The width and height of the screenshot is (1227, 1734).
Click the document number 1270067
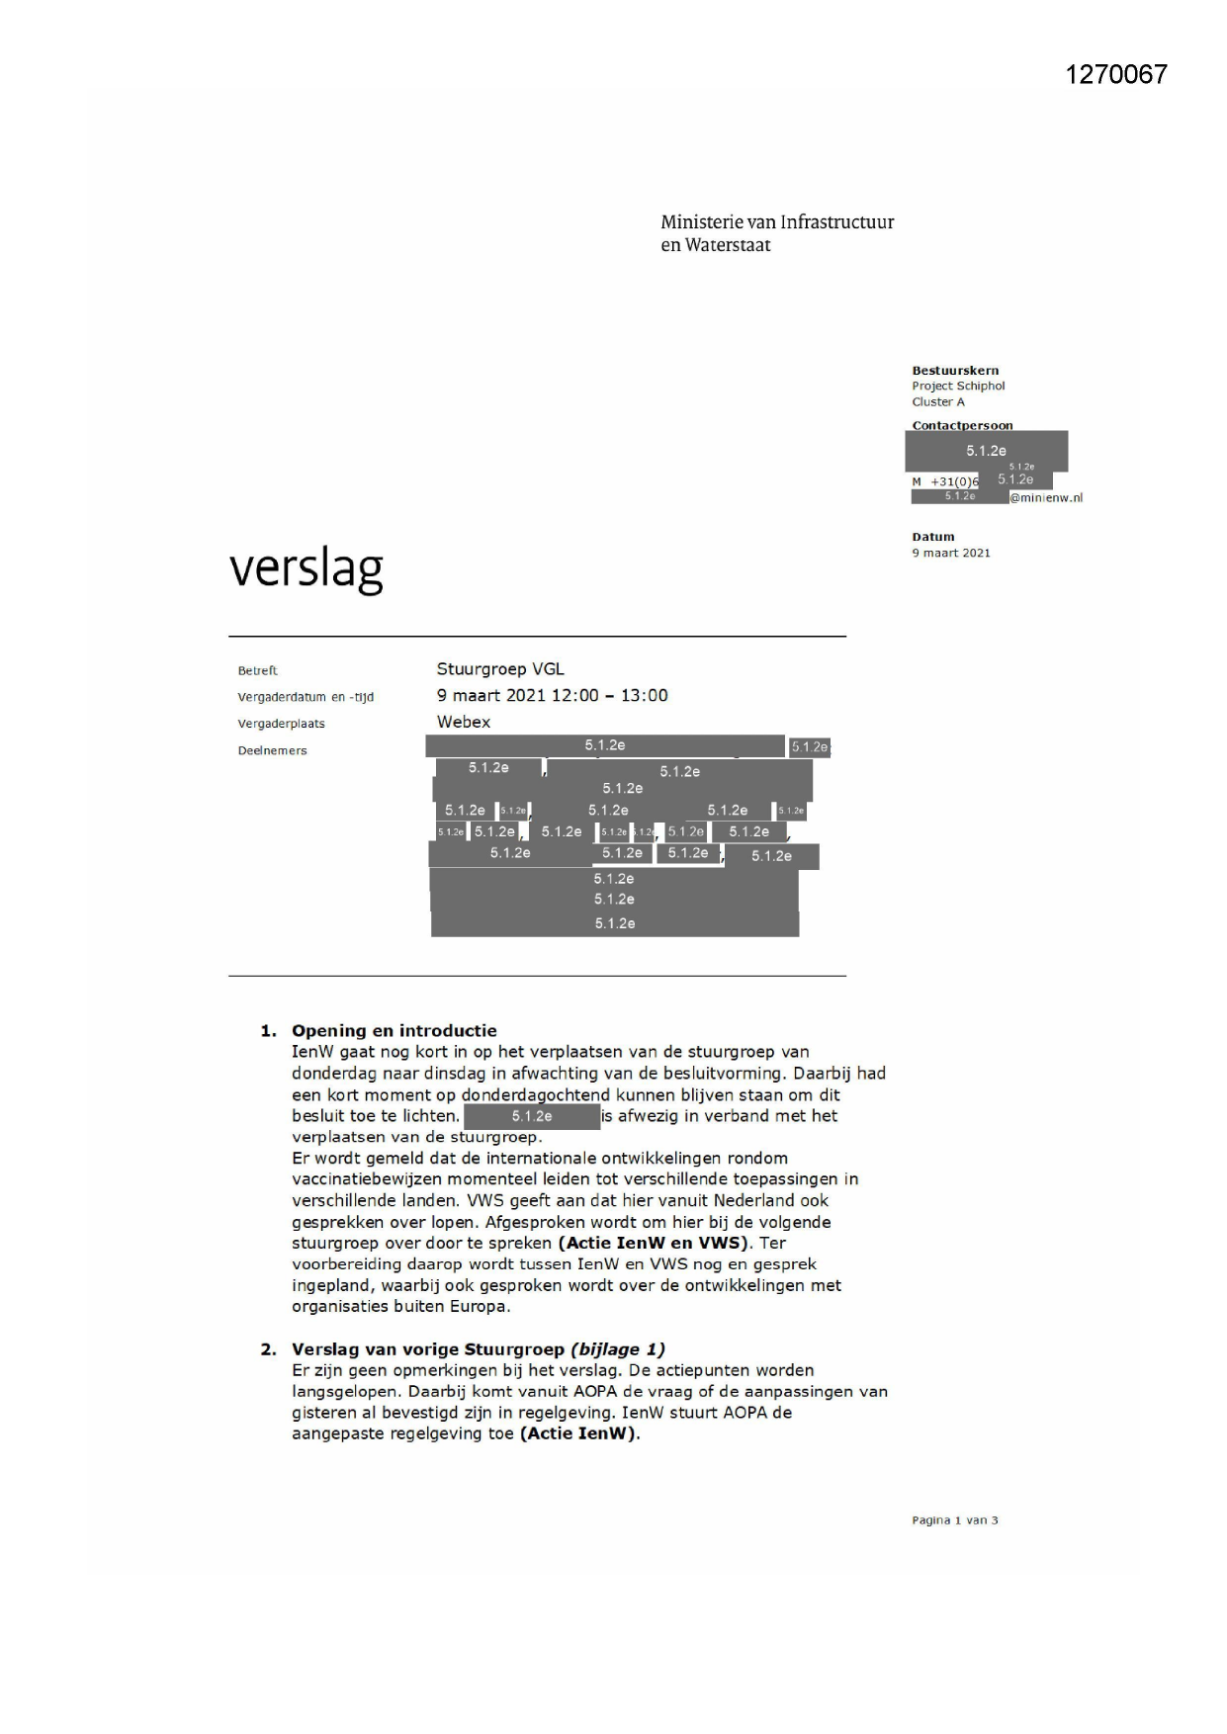coord(1116,75)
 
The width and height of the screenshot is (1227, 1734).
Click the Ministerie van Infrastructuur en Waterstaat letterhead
coord(776,233)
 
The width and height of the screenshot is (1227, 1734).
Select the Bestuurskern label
coord(955,371)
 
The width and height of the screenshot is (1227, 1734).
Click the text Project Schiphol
coord(958,387)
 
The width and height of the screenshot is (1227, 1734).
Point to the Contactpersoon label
coord(962,426)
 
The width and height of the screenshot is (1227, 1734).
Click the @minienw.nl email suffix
coord(1046,498)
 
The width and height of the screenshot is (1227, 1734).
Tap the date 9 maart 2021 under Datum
coord(950,554)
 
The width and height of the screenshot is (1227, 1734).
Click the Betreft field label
coord(257,671)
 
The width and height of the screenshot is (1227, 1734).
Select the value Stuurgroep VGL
coord(500,669)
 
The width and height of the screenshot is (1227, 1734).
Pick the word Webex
coord(464,722)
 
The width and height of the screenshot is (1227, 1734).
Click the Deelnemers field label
coord(272,751)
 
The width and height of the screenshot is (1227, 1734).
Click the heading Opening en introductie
coord(394,1030)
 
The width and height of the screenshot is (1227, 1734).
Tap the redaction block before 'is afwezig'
coord(532,1117)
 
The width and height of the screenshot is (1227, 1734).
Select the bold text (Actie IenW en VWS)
coord(654,1243)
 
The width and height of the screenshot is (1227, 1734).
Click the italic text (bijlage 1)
coord(617,1349)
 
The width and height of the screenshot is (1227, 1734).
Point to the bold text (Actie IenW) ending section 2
coord(579,1433)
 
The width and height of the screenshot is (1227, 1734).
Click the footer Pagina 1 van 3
coord(954,1520)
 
